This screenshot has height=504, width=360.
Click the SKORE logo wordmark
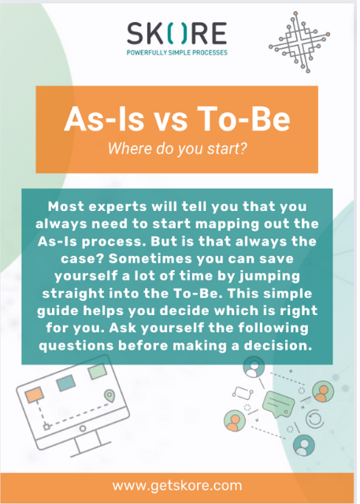[x=177, y=33]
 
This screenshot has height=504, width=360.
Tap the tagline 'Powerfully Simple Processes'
[x=177, y=53]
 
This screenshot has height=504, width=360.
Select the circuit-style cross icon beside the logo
[x=299, y=42]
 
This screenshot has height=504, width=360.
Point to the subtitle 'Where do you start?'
[x=177, y=149]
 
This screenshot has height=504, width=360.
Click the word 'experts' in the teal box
[x=117, y=206]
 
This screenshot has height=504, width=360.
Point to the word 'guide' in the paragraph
[x=58, y=311]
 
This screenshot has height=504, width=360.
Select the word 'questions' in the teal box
[x=76, y=346]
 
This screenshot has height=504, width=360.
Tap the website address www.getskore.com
[x=177, y=485]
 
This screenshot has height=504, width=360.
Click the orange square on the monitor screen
[x=34, y=395]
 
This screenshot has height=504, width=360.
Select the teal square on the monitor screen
[x=65, y=384]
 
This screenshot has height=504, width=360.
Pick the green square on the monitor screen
[x=98, y=372]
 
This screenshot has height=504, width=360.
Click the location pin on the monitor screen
[x=109, y=395]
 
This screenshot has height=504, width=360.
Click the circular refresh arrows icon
[x=314, y=418]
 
